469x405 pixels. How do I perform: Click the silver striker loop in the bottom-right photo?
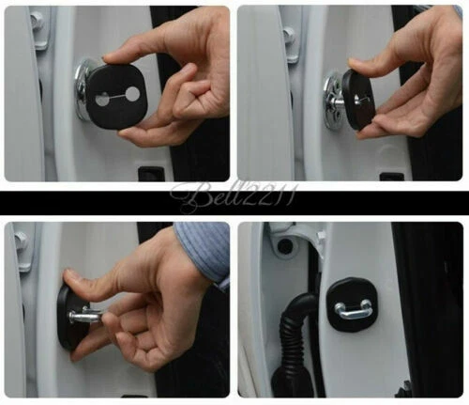(x=355, y=307)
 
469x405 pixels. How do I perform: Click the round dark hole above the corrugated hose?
(x=282, y=247)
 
